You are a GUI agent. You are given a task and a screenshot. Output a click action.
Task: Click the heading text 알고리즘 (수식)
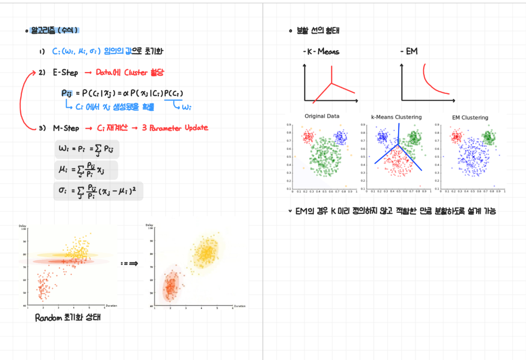point(54,30)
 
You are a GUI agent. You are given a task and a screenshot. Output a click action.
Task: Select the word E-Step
point(66,73)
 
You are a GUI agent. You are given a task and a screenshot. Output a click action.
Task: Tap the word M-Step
point(66,128)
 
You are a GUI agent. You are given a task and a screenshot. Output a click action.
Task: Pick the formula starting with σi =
point(99,190)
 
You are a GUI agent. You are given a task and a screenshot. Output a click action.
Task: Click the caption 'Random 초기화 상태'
point(68,317)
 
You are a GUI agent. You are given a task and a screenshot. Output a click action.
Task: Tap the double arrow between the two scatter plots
point(129,263)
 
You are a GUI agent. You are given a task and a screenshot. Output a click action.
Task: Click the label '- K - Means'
point(320,52)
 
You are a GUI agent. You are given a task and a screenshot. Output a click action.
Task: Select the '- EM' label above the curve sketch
point(409,52)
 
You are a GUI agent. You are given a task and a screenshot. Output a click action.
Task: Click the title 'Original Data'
point(322,116)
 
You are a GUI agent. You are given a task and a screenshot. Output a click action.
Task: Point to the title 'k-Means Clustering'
point(396,117)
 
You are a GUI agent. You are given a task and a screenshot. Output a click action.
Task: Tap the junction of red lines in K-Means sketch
point(332,83)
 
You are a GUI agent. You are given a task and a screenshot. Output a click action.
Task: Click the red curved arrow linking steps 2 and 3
point(21,101)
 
